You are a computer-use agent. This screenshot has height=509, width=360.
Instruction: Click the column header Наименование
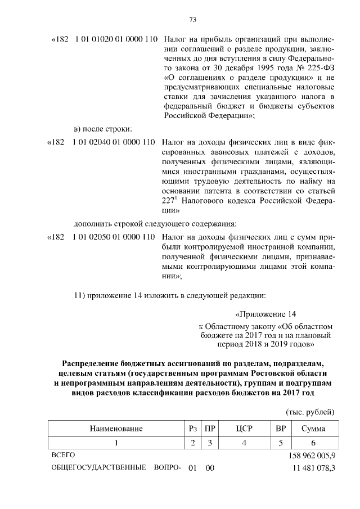(116, 429)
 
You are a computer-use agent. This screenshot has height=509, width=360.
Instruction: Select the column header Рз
(193, 429)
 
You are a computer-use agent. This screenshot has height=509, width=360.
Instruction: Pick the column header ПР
(210, 429)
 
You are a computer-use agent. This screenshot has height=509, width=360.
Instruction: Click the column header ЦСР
(244, 429)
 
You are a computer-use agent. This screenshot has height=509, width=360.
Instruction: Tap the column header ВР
(280, 429)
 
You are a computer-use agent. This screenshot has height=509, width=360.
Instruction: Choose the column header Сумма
(312, 429)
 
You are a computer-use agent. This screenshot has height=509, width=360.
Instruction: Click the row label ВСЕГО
(63, 454)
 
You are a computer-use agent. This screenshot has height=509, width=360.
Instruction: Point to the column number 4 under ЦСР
(244, 443)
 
